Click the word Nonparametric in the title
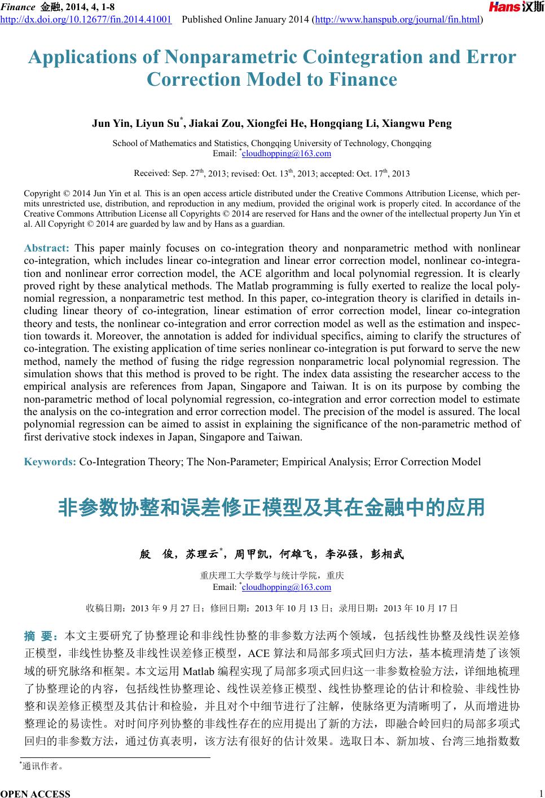pos(230,57)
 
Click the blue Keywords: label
pos(50,462)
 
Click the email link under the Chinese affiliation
pos(286,587)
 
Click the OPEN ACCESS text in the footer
pos(36,793)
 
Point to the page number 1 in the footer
pos(540,791)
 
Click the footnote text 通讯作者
pos(42,766)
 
